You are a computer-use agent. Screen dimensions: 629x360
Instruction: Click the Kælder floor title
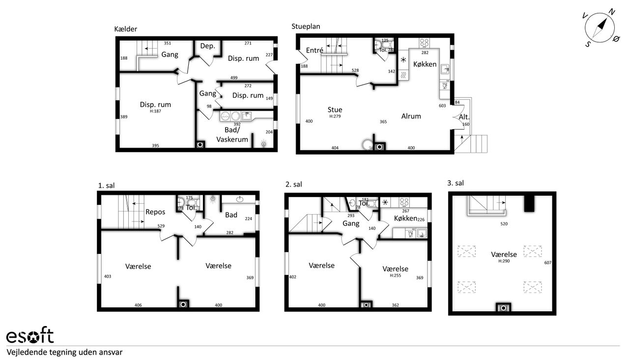coord(125,29)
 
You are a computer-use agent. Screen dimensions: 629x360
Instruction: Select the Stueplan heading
coord(306,27)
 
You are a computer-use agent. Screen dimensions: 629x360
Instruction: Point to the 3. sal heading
coord(456,183)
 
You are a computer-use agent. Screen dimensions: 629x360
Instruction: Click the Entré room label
coord(314,50)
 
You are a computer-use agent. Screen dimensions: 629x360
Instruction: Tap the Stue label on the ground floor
coord(335,110)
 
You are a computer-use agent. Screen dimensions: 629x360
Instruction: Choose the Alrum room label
coord(411,116)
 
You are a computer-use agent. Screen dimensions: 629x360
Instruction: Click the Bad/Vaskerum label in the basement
coord(232,135)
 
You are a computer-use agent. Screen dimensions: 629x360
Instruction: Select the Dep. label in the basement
coord(207,46)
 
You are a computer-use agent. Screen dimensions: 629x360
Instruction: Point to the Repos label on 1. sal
coord(155,212)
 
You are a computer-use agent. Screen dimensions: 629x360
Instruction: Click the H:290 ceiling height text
coord(504,261)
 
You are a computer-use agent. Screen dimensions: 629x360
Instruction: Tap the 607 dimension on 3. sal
coord(548,263)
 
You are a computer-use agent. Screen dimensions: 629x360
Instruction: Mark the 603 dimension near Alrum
coord(442,106)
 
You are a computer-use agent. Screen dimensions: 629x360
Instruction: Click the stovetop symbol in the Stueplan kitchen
coord(424,43)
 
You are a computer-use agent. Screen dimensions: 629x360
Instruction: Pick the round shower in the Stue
coord(367,145)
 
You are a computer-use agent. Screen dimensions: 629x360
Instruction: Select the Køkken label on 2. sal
coord(405,218)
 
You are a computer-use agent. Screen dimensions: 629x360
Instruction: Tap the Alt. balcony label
coord(464,117)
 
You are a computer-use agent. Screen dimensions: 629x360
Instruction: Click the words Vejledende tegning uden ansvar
coord(64,353)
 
